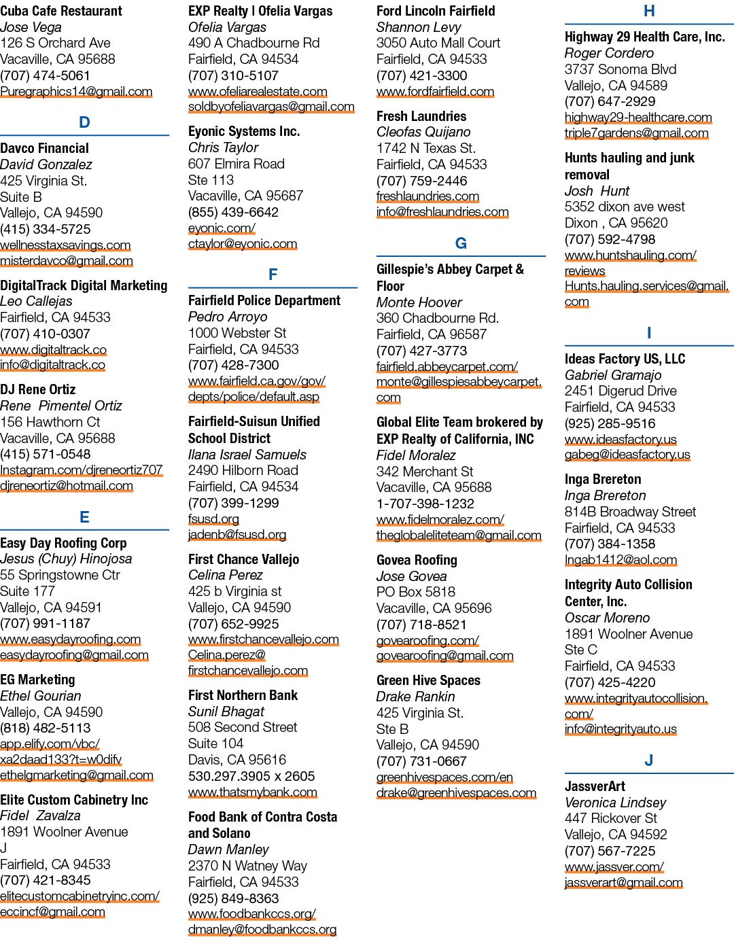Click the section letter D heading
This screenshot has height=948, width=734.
84,122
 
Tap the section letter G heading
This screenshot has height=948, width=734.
461,243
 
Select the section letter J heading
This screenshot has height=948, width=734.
648,760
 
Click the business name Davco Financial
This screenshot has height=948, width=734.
44,148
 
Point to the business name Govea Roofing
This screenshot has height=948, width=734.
417,560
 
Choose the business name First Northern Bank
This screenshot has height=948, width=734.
243,695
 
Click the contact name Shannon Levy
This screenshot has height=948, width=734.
418,27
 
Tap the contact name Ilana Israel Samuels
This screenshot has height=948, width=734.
247,455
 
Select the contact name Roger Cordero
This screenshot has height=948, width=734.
609,53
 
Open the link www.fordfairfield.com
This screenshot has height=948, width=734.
435,92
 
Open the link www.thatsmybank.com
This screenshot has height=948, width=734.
253,792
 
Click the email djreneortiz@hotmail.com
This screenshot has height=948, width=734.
67,486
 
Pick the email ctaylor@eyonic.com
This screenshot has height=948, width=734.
243,243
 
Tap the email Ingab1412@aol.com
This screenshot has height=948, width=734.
621,559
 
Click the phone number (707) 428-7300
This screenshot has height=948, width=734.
233,365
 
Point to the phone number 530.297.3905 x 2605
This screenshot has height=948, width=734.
251,776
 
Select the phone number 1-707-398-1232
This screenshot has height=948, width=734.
425,504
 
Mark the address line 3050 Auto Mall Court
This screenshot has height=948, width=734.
438,43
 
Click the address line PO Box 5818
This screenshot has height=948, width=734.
416,592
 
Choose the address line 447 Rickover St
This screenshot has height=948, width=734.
610,818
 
